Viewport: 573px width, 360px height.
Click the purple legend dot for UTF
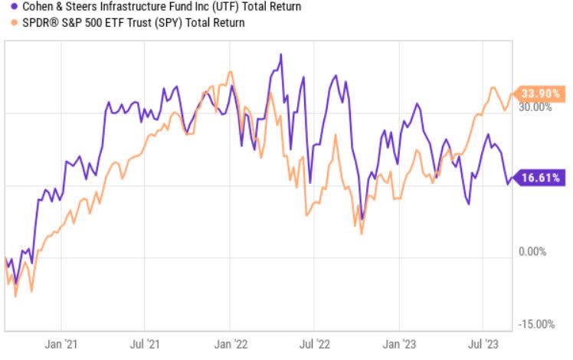(x=5, y=7)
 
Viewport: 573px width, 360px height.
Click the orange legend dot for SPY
(x=5, y=23)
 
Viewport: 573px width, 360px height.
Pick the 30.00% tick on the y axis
(x=536, y=107)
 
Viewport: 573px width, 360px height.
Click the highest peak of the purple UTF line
(x=281, y=54)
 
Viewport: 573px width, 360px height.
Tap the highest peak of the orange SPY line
(x=230, y=73)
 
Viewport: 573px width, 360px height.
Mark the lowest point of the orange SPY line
(x=15, y=296)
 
